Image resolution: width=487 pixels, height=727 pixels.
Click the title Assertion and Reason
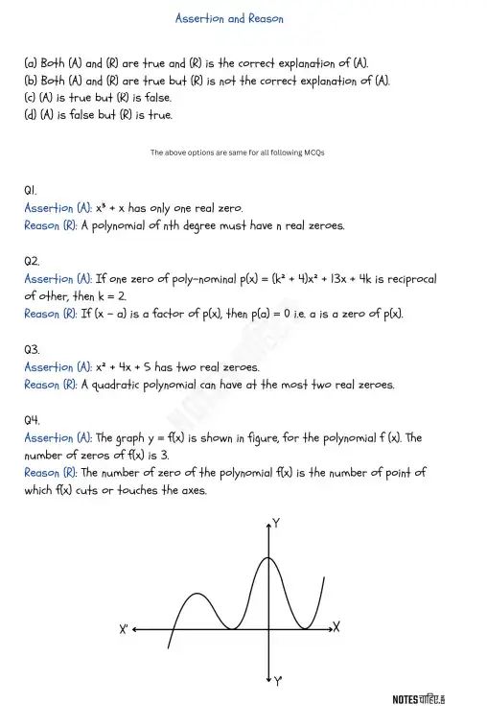[x=229, y=18]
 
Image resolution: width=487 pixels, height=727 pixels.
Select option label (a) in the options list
[x=32, y=62]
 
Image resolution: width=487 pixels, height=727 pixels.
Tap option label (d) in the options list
[x=32, y=114]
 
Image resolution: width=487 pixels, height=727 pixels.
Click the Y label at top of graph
[x=276, y=524]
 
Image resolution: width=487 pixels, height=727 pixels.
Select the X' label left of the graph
[x=125, y=630]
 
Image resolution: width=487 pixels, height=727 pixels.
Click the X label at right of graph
[x=336, y=627]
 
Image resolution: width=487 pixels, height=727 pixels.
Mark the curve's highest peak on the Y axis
[x=267, y=557]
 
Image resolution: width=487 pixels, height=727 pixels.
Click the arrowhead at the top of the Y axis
[x=267, y=524]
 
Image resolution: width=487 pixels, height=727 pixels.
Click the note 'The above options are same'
[x=237, y=152]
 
